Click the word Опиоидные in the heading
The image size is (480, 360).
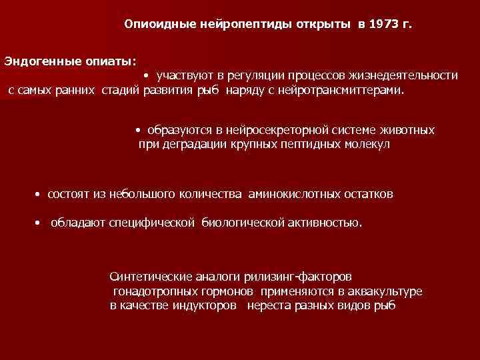tap(158, 25)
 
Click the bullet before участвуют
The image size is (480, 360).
tap(145, 76)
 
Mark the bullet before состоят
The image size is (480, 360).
tap(38, 195)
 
